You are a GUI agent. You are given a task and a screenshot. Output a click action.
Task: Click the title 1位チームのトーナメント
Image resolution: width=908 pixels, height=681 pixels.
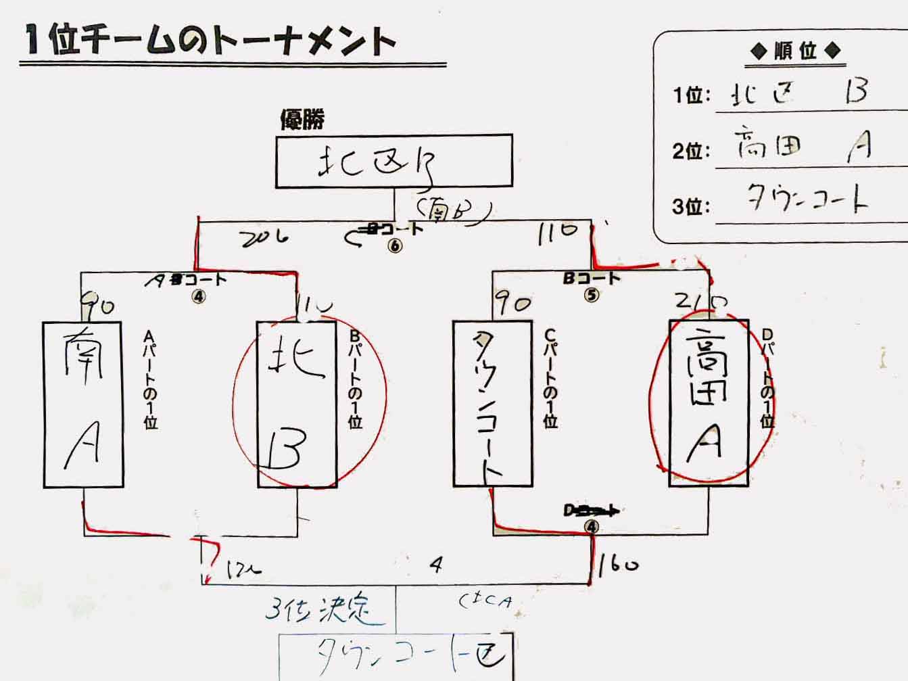[x=210, y=41]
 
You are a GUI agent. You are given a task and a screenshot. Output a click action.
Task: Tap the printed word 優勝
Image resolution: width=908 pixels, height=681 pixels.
[x=302, y=119]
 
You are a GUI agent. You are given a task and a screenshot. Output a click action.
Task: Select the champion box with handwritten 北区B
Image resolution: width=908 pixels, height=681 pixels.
[x=393, y=161]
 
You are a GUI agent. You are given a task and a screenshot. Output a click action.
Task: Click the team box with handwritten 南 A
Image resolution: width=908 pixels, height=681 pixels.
[x=83, y=404]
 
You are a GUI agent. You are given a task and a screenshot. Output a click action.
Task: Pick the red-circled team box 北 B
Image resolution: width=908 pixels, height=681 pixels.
[x=297, y=404]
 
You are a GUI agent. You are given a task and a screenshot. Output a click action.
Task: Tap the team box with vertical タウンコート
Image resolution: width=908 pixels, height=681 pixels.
[x=492, y=404]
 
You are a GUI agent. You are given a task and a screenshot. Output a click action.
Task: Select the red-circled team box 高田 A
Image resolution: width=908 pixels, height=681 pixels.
[x=709, y=403]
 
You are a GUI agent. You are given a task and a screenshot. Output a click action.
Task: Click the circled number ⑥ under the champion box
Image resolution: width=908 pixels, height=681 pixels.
[x=395, y=245]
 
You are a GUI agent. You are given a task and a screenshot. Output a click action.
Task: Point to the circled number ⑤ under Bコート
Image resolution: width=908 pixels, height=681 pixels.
[x=592, y=295]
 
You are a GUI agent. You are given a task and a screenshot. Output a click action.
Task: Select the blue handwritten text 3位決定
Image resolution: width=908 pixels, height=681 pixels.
[x=318, y=609]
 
